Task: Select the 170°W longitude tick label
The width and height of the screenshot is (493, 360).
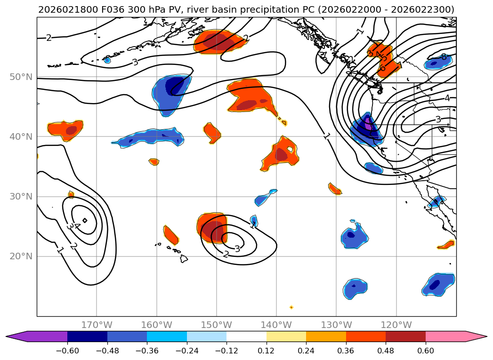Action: [x=97, y=325]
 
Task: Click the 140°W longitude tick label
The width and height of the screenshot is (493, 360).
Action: [x=276, y=325]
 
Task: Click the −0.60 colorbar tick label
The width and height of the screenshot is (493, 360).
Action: [x=67, y=351]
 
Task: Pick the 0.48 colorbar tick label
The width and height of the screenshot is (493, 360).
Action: [x=386, y=351]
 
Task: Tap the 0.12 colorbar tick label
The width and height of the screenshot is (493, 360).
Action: [x=267, y=351]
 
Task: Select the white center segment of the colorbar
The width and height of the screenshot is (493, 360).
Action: [x=246, y=336]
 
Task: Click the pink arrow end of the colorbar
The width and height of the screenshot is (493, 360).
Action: [x=476, y=336]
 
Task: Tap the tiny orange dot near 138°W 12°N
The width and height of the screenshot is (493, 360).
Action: [x=291, y=307]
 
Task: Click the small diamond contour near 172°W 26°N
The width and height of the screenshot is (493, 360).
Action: [x=85, y=220]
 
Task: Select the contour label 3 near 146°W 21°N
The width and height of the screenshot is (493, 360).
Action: [x=237, y=248]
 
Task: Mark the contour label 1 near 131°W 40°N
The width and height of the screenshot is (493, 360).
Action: [x=327, y=136]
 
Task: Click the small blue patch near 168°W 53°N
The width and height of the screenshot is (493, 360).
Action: [x=107, y=60]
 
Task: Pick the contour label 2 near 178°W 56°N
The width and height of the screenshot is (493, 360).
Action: [x=48, y=38]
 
